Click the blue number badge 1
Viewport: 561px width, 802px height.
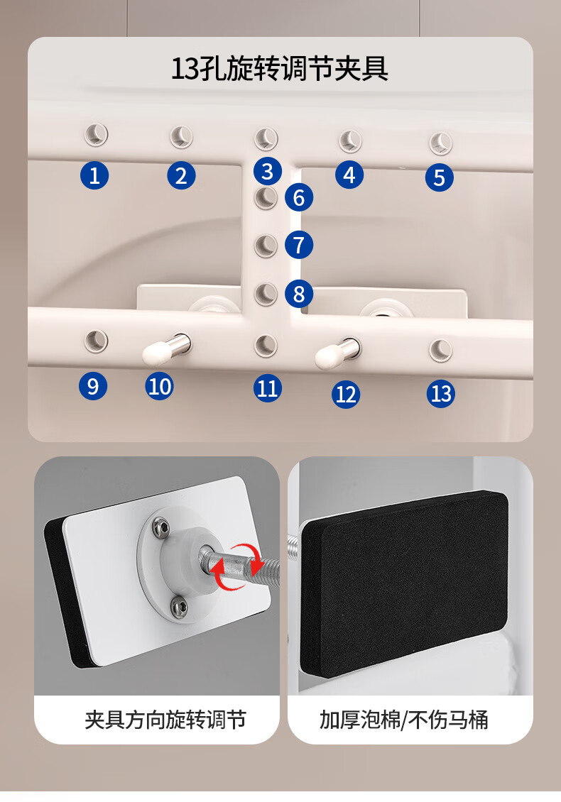94,175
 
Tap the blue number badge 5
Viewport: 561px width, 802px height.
439,177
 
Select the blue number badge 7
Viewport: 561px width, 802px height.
299,245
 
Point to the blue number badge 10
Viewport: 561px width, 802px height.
159,386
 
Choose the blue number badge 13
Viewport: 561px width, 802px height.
441,394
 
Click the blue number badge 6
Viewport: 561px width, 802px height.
299,197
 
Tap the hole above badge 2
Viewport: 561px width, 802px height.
181,136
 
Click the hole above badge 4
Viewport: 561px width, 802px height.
350,141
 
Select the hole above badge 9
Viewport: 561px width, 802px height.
96,341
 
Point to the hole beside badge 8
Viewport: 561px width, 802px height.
266,294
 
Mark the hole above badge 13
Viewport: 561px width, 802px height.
440,351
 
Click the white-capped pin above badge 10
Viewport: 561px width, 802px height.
166,348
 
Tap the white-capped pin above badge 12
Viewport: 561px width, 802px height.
337,353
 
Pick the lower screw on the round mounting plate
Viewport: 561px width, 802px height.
179,608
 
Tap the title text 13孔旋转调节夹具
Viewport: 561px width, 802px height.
280,69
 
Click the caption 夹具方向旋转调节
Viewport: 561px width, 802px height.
165,720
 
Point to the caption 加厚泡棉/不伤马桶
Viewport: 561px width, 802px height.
404,720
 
